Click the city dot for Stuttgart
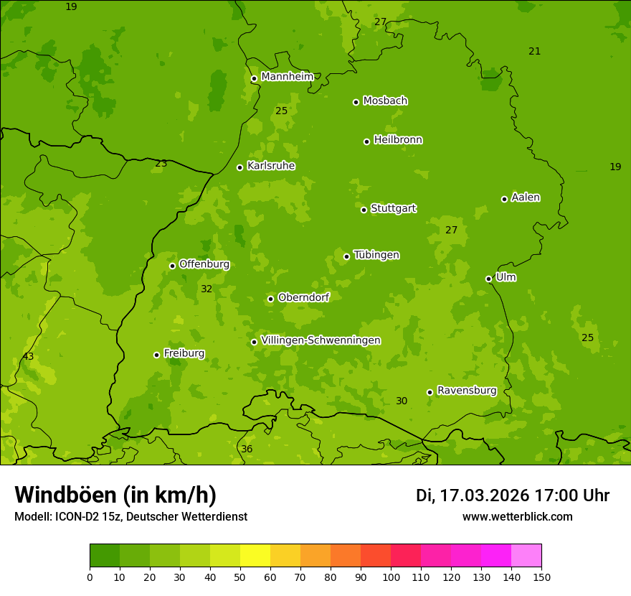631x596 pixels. click(x=364, y=210)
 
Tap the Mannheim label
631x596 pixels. click(x=287, y=77)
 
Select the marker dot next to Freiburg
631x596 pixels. click(x=156, y=355)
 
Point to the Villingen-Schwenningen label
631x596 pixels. click(x=321, y=340)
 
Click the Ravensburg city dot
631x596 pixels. click(x=430, y=392)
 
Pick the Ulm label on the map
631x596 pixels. click(x=506, y=277)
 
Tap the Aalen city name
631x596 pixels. click(x=526, y=197)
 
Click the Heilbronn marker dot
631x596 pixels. click(x=366, y=141)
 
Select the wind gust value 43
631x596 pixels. click(x=28, y=357)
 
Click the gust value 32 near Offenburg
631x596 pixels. click(x=207, y=289)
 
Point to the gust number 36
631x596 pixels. click(x=247, y=450)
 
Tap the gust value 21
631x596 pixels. click(x=534, y=52)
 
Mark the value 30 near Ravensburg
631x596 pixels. click(x=402, y=401)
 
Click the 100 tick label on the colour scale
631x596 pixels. click(x=391, y=577)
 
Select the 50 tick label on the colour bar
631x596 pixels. click(x=240, y=577)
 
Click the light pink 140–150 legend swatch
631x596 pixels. click(x=526, y=556)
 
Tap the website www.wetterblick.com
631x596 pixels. click(x=517, y=516)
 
